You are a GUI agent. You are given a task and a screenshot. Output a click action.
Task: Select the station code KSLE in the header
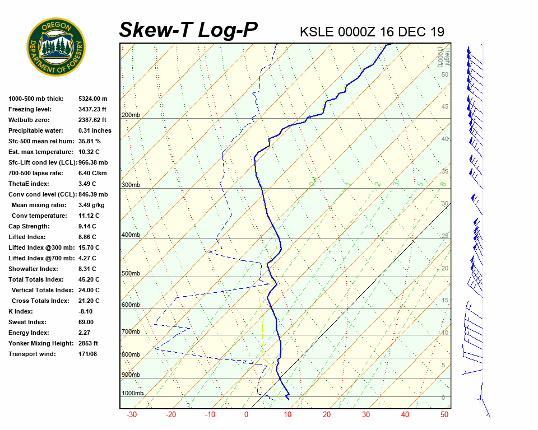(x=317, y=32)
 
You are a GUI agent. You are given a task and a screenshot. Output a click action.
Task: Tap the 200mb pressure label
(x=131, y=115)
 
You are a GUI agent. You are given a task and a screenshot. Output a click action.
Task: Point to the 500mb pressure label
(x=131, y=274)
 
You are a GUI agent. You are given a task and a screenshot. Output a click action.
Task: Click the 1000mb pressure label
(x=132, y=394)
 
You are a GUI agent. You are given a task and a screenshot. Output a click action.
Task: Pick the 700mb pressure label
(x=131, y=332)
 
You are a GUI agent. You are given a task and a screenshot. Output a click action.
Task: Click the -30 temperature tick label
(x=132, y=415)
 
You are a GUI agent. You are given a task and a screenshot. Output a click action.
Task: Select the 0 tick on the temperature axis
(x=246, y=415)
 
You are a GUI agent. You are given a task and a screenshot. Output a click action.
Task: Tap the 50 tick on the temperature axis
(x=444, y=415)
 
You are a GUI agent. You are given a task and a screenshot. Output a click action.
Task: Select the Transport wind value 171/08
(x=88, y=354)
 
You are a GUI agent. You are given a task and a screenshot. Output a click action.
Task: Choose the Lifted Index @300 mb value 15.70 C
(x=89, y=247)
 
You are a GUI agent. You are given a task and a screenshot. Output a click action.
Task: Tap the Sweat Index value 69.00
(x=86, y=322)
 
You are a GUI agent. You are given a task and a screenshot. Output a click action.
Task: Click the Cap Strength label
(x=29, y=226)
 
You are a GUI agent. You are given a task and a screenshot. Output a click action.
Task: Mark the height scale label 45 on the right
(x=445, y=107)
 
